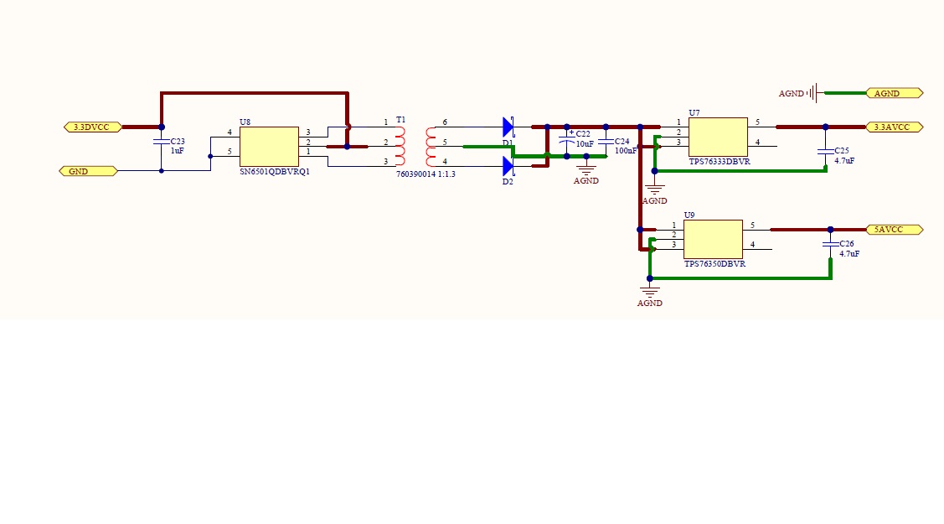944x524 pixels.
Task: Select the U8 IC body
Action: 269,147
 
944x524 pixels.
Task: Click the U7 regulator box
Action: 718,137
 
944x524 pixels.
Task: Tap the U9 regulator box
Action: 713,239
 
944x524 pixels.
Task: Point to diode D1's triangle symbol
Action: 508,127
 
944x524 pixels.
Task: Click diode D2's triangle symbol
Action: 508,166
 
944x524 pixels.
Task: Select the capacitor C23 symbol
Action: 162,143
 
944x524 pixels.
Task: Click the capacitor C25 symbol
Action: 825,151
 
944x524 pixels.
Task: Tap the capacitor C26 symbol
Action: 830,245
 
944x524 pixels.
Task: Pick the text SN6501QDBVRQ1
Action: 275,171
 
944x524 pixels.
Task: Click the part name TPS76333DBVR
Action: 720,161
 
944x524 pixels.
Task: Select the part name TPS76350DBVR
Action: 714,263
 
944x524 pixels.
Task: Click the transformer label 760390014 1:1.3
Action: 426,174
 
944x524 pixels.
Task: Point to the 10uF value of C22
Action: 585,144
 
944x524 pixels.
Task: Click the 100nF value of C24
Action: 626,151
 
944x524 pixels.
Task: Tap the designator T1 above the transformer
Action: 400,121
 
